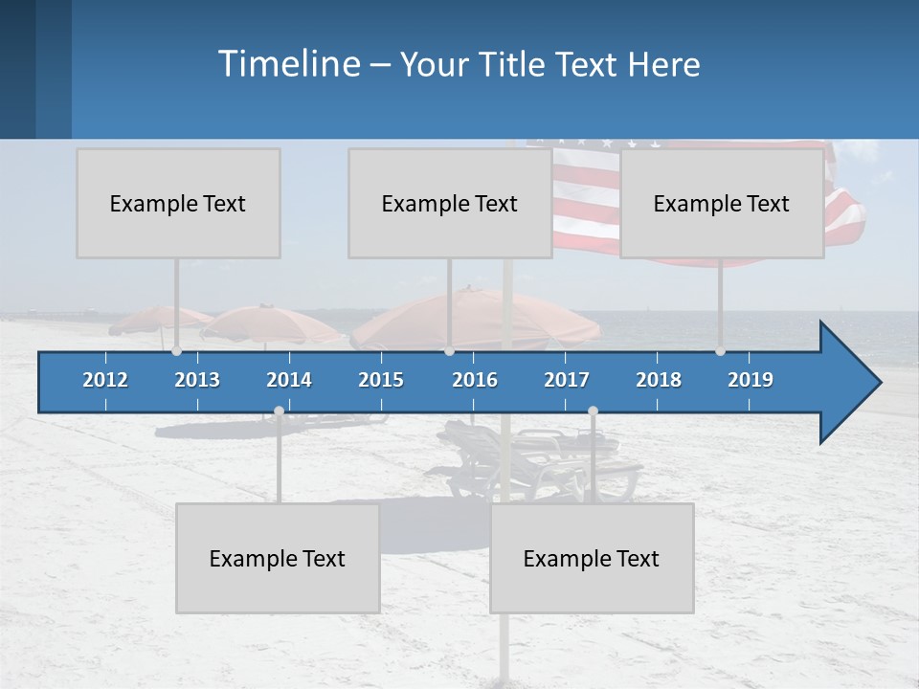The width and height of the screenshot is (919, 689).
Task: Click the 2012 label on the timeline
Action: click(x=105, y=380)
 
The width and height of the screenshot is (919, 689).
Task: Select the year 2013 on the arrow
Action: click(x=197, y=380)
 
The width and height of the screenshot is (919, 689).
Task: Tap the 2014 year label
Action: click(x=289, y=380)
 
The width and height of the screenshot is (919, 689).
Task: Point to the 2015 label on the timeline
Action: click(x=381, y=380)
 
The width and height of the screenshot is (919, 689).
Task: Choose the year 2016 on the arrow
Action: click(x=475, y=380)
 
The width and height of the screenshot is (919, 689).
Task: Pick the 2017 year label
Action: click(x=567, y=380)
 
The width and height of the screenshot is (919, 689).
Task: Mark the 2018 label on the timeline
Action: click(x=659, y=380)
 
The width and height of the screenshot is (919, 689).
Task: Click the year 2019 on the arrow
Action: click(x=751, y=380)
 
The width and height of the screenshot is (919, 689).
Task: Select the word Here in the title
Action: click(x=663, y=65)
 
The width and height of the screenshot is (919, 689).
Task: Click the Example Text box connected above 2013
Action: click(x=178, y=203)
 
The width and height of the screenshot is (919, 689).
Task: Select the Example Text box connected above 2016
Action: click(x=450, y=203)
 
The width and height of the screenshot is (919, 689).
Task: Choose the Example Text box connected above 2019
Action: click(x=722, y=203)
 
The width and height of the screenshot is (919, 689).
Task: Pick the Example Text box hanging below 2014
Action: click(x=278, y=558)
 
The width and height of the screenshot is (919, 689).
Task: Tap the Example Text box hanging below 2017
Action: click(x=592, y=558)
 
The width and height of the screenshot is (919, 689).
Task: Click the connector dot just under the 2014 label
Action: click(x=279, y=411)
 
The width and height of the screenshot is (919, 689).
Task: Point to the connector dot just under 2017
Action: click(x=593, y=411)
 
